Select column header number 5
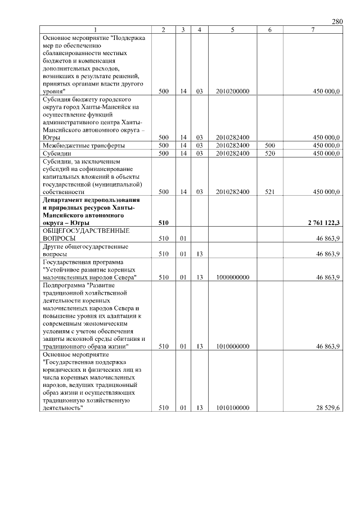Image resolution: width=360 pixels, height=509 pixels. pos(232,30)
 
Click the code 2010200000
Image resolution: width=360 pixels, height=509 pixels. pos(232,91)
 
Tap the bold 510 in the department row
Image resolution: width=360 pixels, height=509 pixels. pos(164,223)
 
